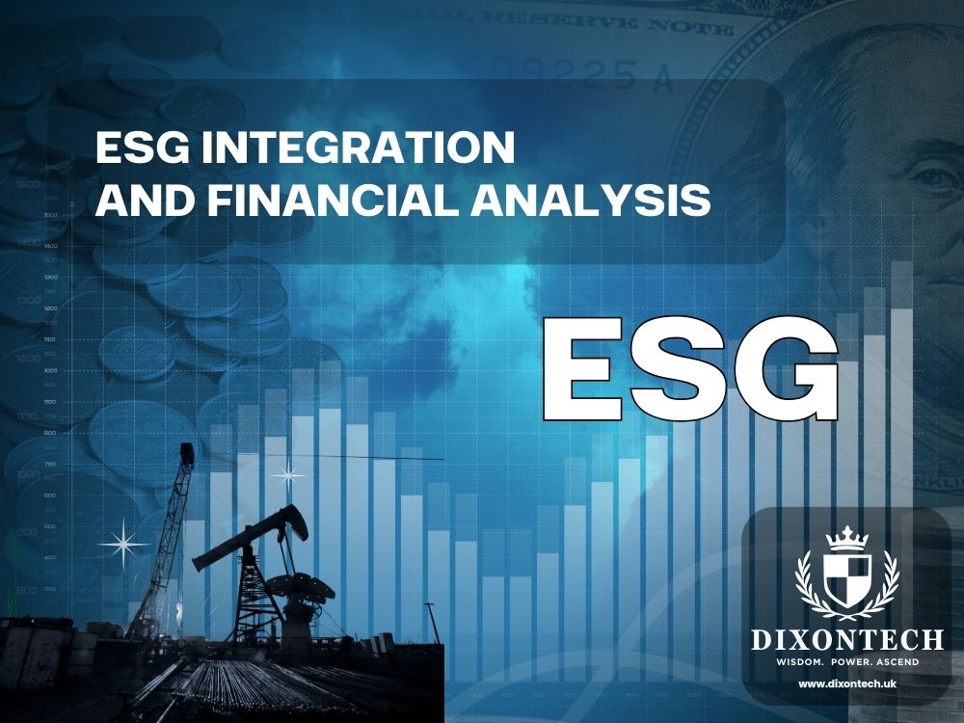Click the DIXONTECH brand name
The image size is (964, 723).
(848, 639)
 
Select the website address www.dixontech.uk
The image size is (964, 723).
(848, 683)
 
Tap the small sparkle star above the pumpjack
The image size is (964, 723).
(287, 474)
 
